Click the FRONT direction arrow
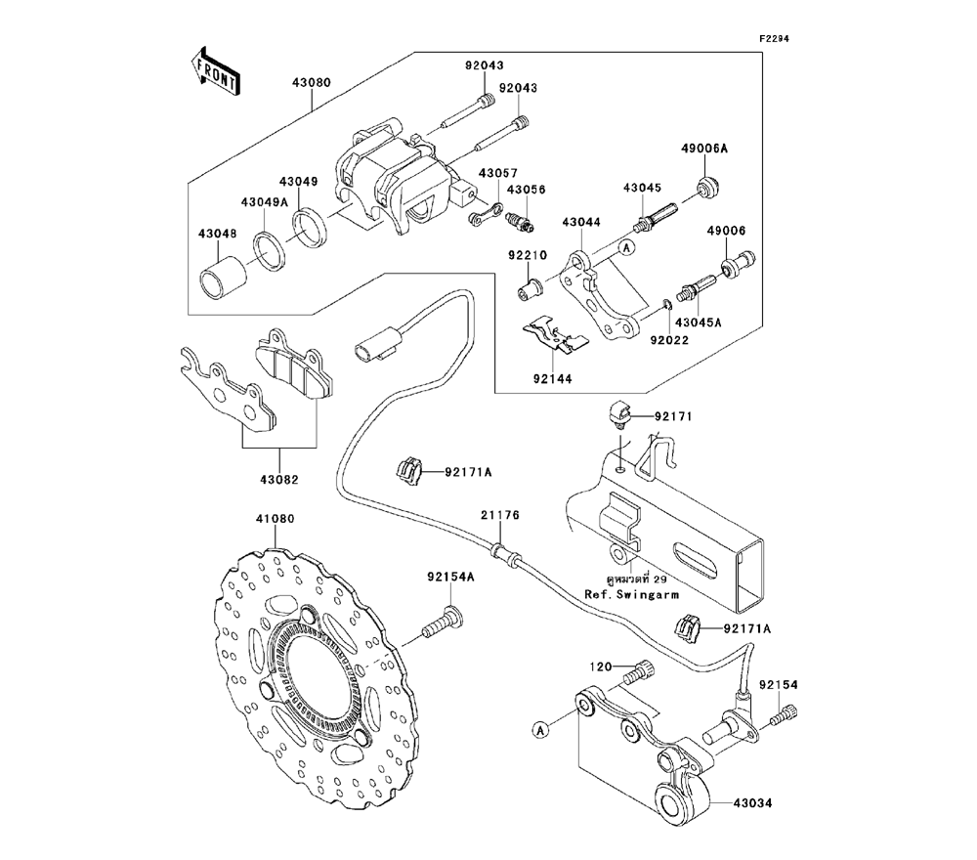pyautogui.click(x=215, y=69)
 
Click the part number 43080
pyautogui.click(x=308, y=84)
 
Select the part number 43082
pyautogui.click(x=279, y=480)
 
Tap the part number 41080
pyautogui.click(x=276, y=520)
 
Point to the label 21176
pyautogui.click(x=499, y=515)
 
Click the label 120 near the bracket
pyautogui.click(x=599, y=666)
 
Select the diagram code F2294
pyautogui.click(x=774, y=39)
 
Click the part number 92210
pyautogui.click(x=525, y=256)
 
